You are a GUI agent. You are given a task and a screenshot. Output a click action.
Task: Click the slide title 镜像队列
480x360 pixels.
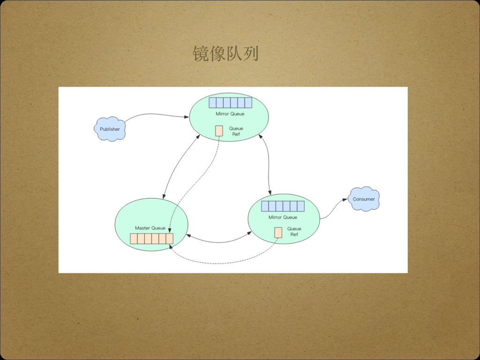click(225, 54)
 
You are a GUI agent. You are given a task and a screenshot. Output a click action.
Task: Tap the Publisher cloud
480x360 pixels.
click(110, 129)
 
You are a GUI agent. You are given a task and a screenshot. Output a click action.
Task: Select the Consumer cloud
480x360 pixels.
click(364, 199)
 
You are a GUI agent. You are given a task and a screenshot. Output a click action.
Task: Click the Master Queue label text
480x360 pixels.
click(150, 228)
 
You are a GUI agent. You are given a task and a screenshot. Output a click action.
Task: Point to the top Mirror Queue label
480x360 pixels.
click(230, 114)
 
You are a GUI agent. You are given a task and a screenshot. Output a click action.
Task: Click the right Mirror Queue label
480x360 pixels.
click(283, 217)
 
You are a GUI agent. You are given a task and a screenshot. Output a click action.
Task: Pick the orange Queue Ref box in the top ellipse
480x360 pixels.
click(219, 131)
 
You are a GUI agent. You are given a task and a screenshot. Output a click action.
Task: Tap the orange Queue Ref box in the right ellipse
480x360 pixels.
click(278, 232)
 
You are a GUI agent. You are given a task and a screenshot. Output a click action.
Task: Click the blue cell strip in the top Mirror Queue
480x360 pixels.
click(230, 103)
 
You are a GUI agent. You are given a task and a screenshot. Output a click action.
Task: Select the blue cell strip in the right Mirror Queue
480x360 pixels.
click(283, 206)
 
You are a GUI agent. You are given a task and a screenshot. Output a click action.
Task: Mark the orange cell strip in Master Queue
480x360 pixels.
click(151, 239)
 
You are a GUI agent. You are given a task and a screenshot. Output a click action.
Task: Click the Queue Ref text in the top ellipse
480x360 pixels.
click(236, 131)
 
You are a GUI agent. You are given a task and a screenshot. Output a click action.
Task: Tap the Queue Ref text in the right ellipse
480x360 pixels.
click(294, 232)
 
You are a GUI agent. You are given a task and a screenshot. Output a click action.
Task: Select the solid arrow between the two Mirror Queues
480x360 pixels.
click(268, 164)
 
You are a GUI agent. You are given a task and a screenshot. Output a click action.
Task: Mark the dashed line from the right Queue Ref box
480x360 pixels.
click(225, 261)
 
